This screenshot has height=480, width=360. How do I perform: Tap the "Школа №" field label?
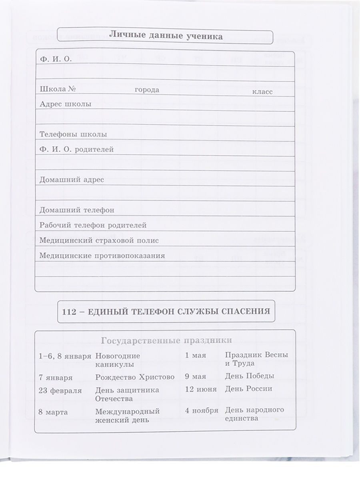pyautogui.click(x=58, y=89)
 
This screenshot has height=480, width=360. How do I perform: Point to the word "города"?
pyautogui.click(x=147, y=90)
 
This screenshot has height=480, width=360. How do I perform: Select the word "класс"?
pyautogui.click(x=262, y=92)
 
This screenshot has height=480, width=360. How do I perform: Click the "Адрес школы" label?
pyautogui.click(x=66, y=104)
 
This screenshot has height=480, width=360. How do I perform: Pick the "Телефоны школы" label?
pyautogui.click(x=73, y=134)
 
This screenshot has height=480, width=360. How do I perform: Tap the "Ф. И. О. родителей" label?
pyautogui.click(x=77, y=149)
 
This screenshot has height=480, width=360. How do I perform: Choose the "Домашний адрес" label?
pyautogui.click(x=72, y=180)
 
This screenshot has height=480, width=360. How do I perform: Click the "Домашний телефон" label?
pyautogui.click(x=77, y=210)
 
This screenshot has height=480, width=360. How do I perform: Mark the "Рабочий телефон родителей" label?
pyautogui.click(x=93, y=225)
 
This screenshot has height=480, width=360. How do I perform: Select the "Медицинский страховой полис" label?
pyautogui.click(x=99, y=240)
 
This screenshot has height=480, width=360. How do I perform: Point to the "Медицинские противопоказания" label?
pyautogui.click(x=102, y=255)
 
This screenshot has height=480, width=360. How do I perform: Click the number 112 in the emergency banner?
pyautogui.click(x=70, y=311)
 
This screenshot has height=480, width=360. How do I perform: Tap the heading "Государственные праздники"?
pyautogui.click(x=167, y=340)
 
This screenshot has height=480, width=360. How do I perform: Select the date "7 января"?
pyautogui.click(x=56, y=377)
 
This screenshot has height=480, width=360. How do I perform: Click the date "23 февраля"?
pyautogui.click(x=60, y=390)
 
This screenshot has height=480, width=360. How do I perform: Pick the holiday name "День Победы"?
pyautogui.click(x=250, y=376)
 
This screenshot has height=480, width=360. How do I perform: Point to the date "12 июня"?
pyautogui.click(x=201, y=389)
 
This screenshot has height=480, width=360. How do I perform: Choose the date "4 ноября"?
pyautogui.click(x=202, y=410)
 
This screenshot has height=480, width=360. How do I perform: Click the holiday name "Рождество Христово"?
pyautogui.click(x=135, y=377)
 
